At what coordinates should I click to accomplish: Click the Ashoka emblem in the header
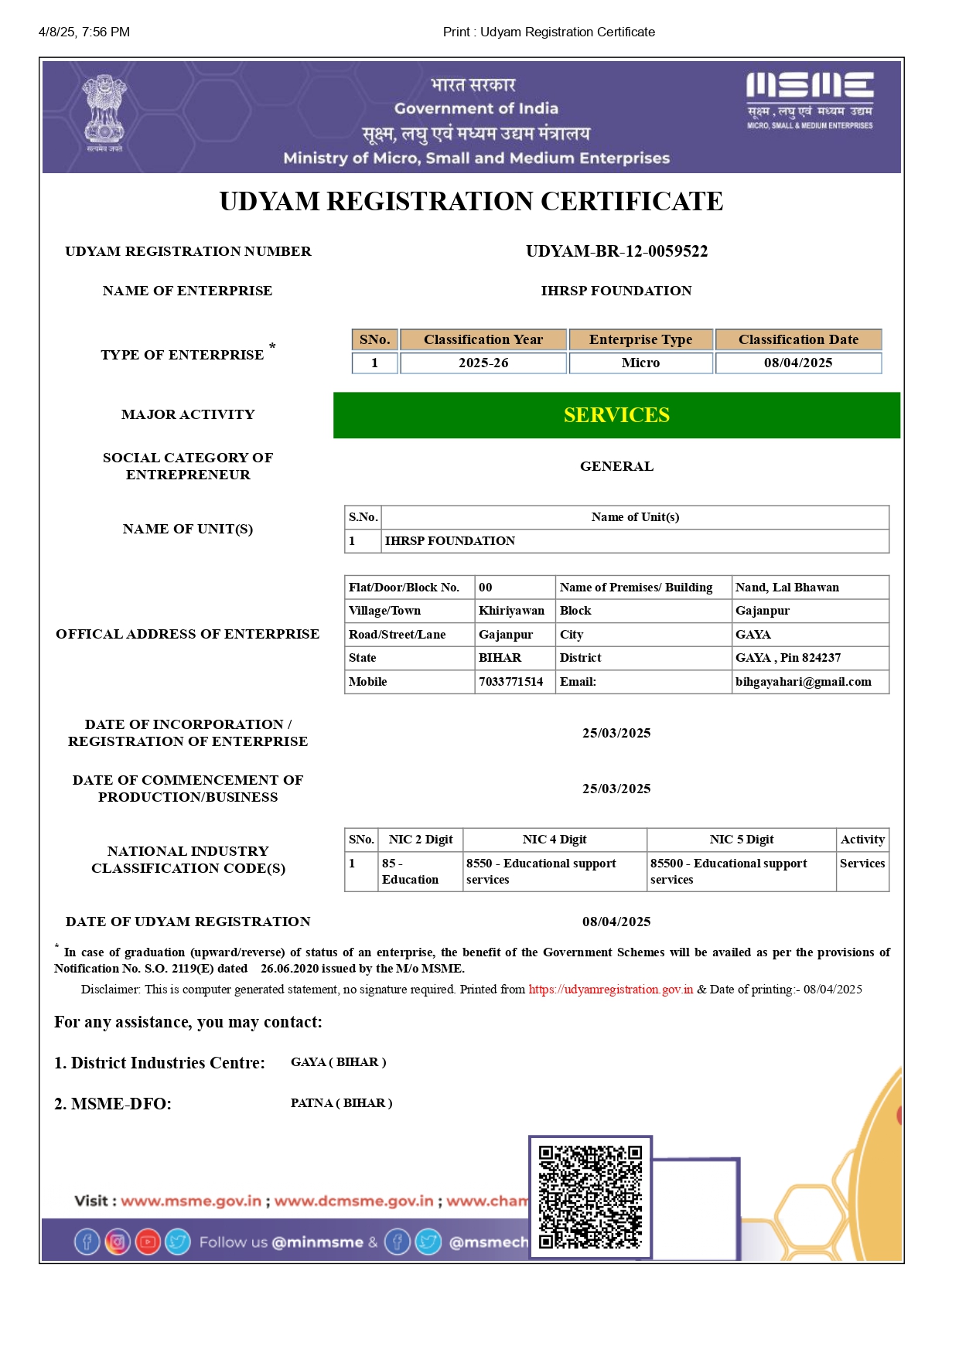(104, 113)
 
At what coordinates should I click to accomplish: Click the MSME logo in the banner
(810, 99)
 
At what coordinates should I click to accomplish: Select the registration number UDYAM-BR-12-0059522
(616, 251)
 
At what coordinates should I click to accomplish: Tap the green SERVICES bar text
(616, 415)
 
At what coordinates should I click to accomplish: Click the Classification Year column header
(483, 339)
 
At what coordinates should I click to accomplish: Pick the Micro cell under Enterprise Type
(640, 363)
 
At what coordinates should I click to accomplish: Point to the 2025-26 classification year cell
(483, 363)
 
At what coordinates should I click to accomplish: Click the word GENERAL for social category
(616, 466)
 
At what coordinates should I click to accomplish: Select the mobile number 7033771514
(510, 681)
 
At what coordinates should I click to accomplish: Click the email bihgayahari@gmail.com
(803, 681)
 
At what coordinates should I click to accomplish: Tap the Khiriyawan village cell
(511, 611)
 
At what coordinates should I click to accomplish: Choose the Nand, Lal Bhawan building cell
(787, 588)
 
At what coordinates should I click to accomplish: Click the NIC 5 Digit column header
(741, 840)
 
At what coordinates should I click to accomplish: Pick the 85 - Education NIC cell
(410, 871)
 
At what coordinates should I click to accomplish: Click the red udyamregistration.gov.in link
(610, 990)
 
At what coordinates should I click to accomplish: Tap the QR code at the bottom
(590, 1197)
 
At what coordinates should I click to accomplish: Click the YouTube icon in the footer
(148, 1242)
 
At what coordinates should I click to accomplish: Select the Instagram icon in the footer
(118, 1242)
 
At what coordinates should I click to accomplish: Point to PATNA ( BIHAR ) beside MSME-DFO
(341, 1103)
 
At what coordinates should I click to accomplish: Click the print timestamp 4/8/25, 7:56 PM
(84, 32)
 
